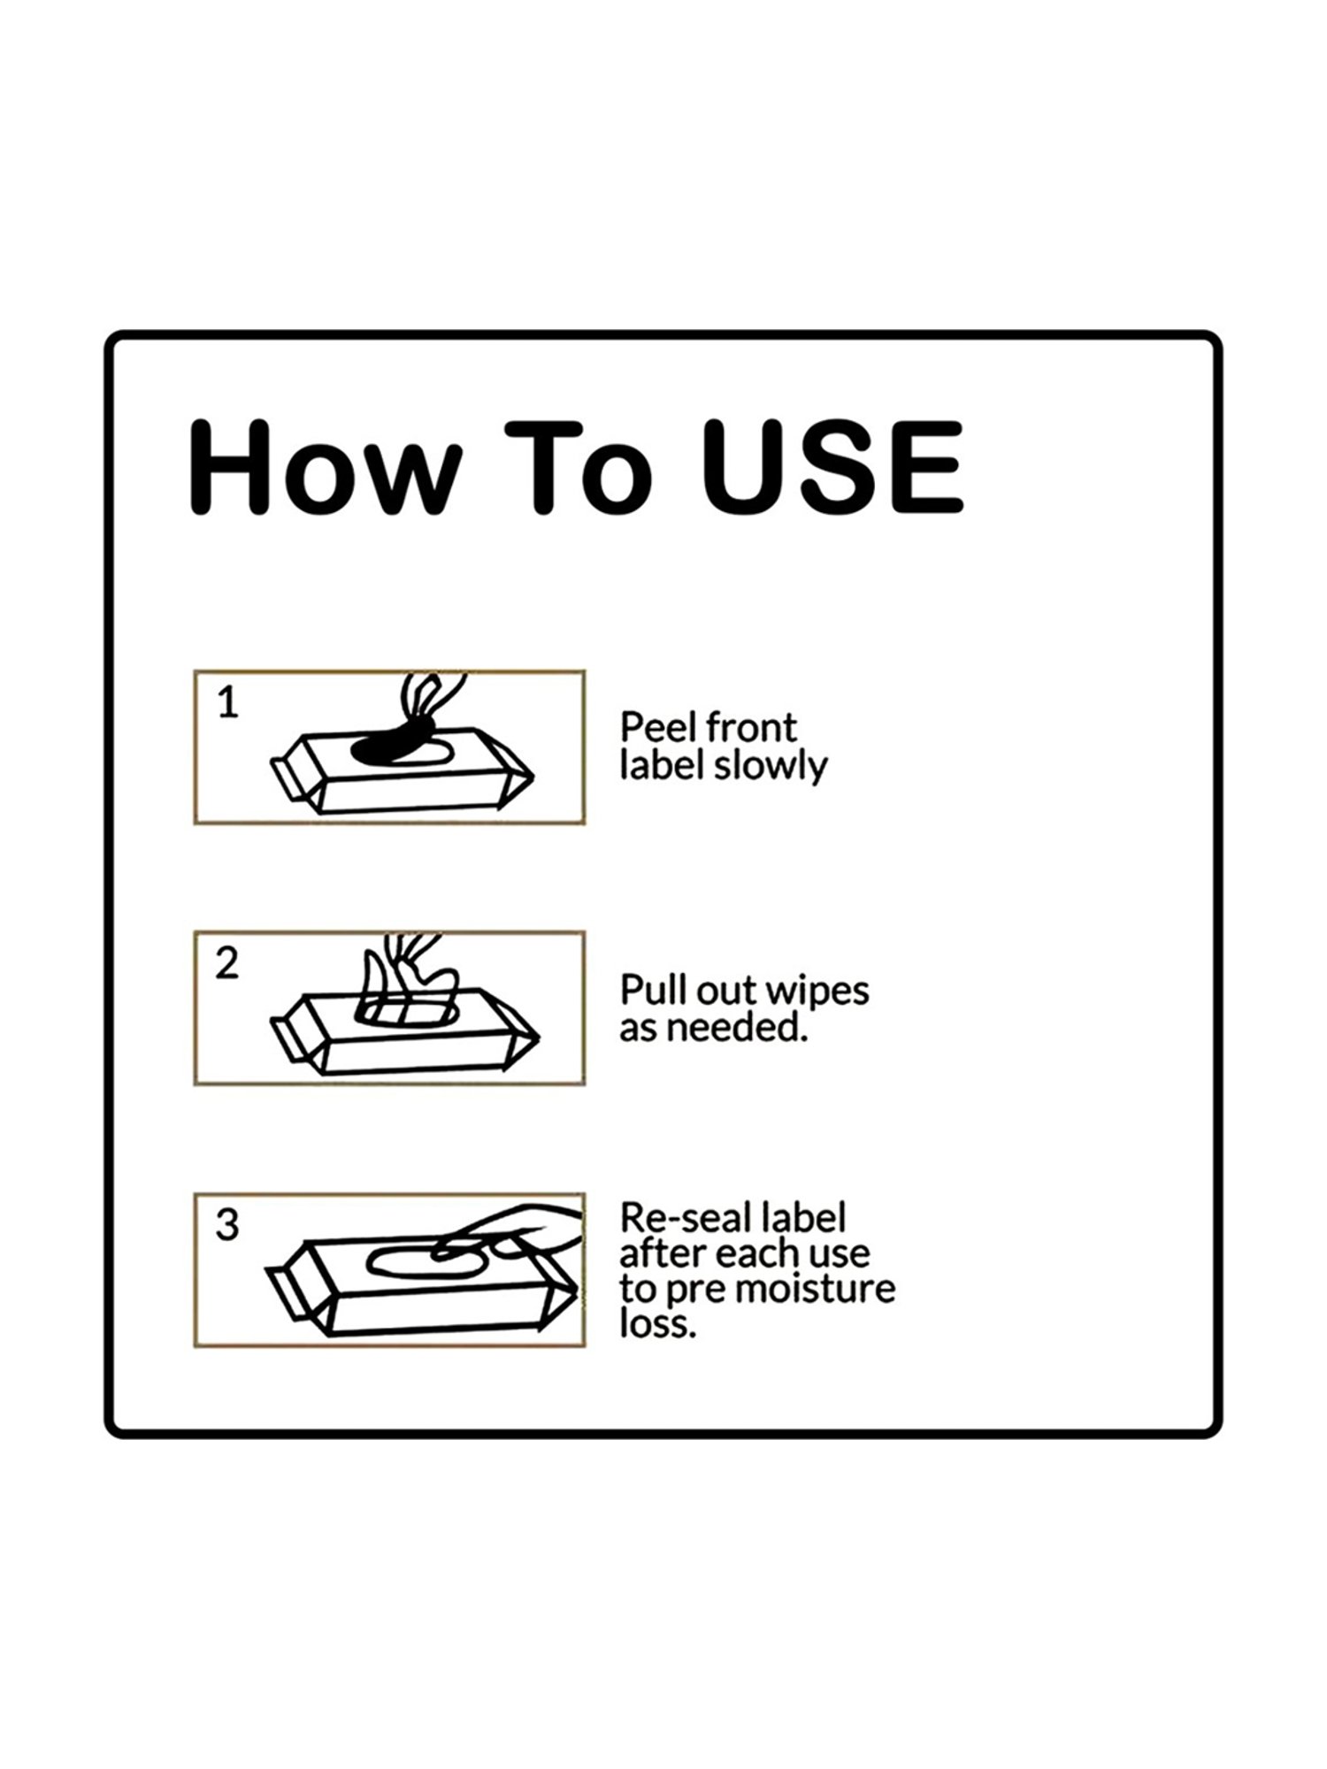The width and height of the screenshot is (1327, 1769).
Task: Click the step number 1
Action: pyautogui.click(x=228, y=703)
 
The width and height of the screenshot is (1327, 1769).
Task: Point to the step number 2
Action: pyautogui.click(x=227, y=964)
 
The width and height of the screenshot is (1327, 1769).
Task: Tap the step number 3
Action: pyautogui.click(x=227, y=1225)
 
